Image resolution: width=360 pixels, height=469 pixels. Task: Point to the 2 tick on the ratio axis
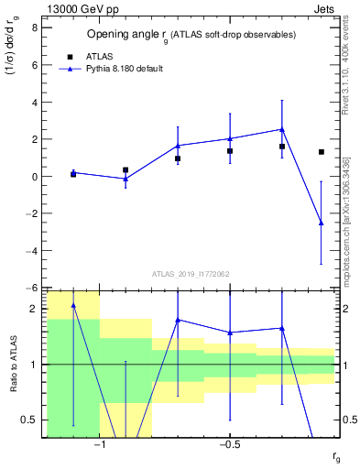click(x=33, y=310)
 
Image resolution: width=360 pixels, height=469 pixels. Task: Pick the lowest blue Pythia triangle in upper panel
click(x=321, y=223)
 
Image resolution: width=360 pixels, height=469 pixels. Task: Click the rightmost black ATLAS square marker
click(x=321, y=152)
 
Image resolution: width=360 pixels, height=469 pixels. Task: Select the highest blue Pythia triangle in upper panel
click(x=282, y=129)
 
